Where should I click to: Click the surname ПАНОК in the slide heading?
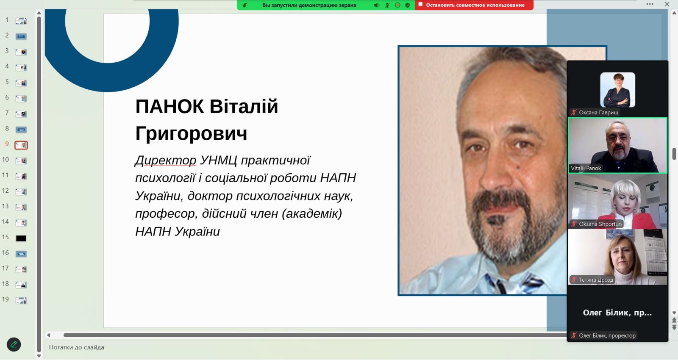pyautogui.click(x=169, y=106)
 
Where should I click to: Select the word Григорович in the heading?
pyautogui.click(x=191, y=133)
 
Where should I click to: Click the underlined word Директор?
pyautogui.click(x=166, y=161)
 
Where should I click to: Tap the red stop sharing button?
pyautogui.click(x=474, y=5)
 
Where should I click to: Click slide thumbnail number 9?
pyautogui.click(x=21, y=145)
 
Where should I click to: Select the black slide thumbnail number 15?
pyautogui.click(x=21, y=238)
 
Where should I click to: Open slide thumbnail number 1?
pyautogui.click(x=21, y=21)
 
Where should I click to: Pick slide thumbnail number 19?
pyautogui.click(x=21, y=300)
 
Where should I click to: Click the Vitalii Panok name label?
pyautogui.click(x=586, y=168)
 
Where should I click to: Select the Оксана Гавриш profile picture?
pyautogui.click(x=617, y=90)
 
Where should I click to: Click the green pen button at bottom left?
pyautogui.click(x=14, y=345)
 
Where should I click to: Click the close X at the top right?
pyautogui.click(x=667, y=4)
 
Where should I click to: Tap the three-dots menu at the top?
pyautogui.click(x=650, y=4)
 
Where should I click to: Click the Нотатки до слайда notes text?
pyautogui.click(x=77, y=347)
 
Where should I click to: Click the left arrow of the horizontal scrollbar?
pyautogui.click(x=48, y=335)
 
